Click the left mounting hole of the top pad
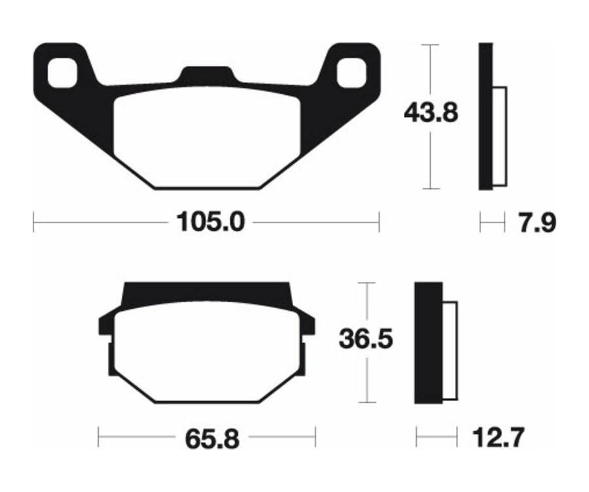tap(63, 72)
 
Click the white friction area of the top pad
tap(206, 137)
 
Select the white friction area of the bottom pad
tap(206, 353)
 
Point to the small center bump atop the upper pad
tap(207, 73)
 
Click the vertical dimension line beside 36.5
tap(368, 379)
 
